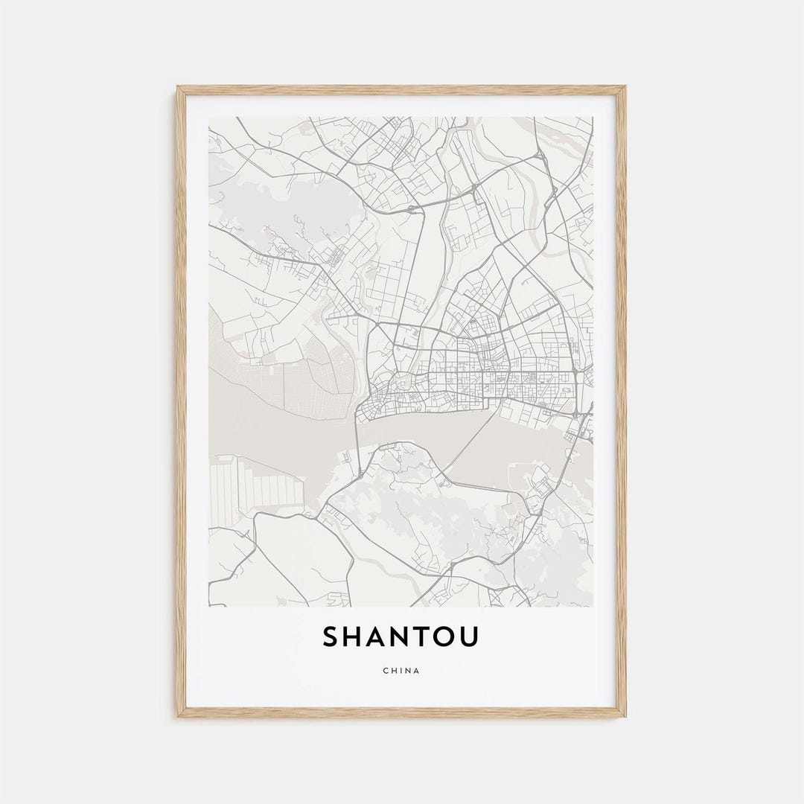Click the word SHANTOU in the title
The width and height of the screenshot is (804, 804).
tap(401, 637)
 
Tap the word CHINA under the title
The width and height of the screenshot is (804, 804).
tap(401, 671)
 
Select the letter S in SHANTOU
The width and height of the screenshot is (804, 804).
tap(332, 637)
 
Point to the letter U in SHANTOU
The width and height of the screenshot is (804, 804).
tap(470, 637)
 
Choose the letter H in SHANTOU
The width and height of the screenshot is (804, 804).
tap(357, 637)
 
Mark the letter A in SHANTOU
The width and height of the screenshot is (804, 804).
tap(380, 637)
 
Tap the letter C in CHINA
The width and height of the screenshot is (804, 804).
tap(386, 671)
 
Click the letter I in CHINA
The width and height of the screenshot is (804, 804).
tap(401, 671)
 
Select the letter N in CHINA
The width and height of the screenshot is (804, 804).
tap(409, 671)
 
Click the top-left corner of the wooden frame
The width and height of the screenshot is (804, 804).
tap(179, 88)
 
